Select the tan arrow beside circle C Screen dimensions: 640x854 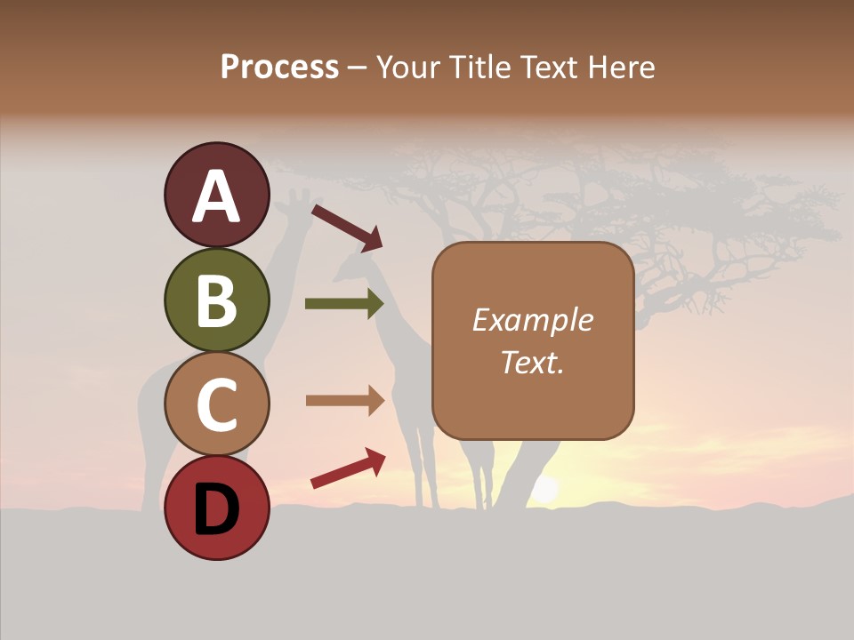(344, 400)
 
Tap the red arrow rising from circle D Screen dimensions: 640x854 (348, 468)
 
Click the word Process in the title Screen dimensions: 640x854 (279, 67)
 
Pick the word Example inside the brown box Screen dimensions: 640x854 (532, 320)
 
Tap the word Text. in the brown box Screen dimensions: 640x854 (532, 362)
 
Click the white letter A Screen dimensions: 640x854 (216, 197)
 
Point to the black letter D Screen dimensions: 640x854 (216, 508)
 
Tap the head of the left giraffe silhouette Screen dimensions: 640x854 (298, 201)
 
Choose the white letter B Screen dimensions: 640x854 (216, 300)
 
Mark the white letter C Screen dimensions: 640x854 (216, 404)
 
